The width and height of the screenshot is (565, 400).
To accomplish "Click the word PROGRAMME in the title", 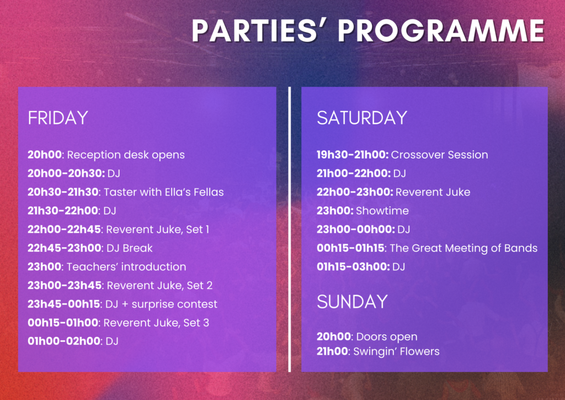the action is (x=441, y=30).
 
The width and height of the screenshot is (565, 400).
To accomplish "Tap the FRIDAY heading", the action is (x=58, y=118).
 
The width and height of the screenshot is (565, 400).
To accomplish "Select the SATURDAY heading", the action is (x=362, y=118).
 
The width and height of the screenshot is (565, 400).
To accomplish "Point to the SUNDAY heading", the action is (x=352, y=302).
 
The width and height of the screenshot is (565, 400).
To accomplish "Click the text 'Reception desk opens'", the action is (x=126, y=155).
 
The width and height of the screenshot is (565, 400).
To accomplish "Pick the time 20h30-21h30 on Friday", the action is (x=63, y=192).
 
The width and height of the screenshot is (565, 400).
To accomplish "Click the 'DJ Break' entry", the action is (x=130, y=248).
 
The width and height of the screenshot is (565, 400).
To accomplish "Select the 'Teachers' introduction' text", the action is (x=126, y=266).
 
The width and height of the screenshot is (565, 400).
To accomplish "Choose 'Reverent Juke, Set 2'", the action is (x=159, y=286).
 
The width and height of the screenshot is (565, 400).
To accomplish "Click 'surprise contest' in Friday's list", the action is (x=174, y=304).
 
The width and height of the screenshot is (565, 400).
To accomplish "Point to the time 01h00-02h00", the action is (x=64, y=341).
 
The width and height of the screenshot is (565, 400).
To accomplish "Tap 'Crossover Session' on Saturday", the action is (x=440, y=155).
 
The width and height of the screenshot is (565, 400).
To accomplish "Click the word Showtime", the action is (x=382, y=210).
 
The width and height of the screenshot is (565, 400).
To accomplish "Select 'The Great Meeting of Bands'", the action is (x=463, y=248).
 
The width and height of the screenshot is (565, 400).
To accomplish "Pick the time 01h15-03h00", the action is (x=353, y=267).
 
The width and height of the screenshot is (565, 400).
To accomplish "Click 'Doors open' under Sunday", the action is (x=387, y=337).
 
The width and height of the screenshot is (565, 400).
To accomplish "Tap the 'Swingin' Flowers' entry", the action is (x=396, y=352).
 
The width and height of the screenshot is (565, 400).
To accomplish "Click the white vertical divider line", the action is (x=289, y=229).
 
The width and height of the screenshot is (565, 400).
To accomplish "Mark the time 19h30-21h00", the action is (x=353, y=155).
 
